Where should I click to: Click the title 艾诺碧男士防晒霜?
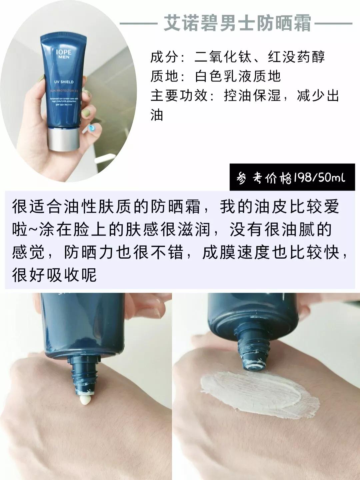pos(237,24)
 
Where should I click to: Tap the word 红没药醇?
pos(296,57)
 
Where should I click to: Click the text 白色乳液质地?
pos(238,76)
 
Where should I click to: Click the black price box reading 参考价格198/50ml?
pos(292,178)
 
